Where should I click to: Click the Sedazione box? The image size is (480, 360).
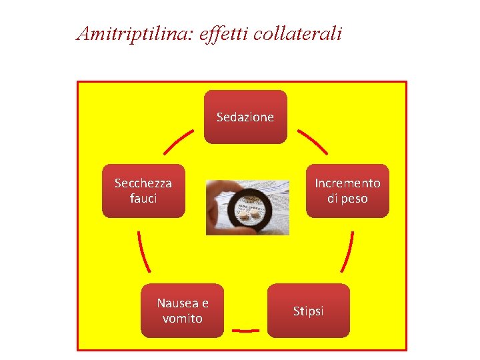tap(245, 117)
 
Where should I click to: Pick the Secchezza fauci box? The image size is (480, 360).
tap(143, 191)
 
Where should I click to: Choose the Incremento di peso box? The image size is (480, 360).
tap(347, 191)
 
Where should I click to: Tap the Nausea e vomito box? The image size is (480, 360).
tap(183, 311)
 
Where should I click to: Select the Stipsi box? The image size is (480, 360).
tap(308, 311)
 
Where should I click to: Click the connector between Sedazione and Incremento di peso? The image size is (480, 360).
tap(312, 141)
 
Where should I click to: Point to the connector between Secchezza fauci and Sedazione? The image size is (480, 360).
tap(178, 141)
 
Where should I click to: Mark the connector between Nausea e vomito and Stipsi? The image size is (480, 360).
tap(245, 330)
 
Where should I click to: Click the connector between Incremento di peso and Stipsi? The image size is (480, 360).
tap(347, 251)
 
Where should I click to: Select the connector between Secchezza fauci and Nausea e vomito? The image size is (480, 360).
tap(142, 251)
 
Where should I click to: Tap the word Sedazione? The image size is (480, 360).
tap(245, 117)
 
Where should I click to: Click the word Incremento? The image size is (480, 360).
tap(347, 183)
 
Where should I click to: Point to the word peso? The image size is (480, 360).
tap(355, 199)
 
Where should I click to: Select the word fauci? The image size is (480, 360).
tap(143, 199)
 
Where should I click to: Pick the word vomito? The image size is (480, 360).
tap(183, 319)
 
